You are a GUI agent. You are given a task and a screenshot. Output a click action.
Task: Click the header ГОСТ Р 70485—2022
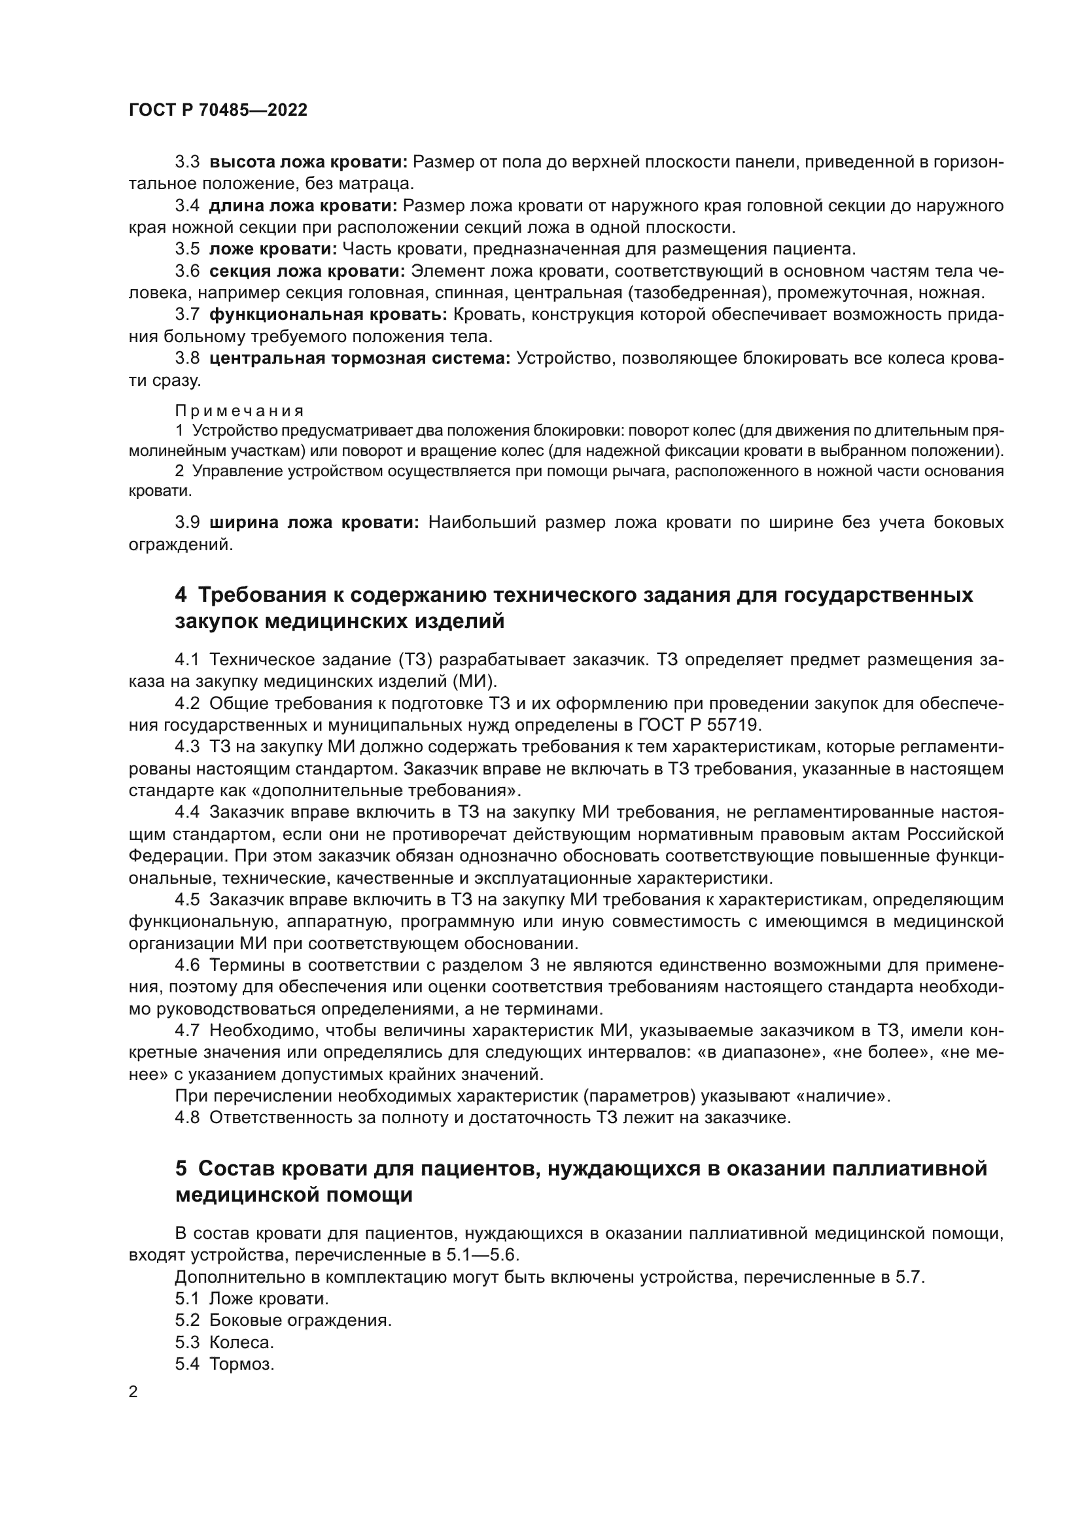pyautogui.click(x=218, y=111)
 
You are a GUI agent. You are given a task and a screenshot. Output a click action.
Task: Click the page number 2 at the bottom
pyautogui.click(x=133, y=1392)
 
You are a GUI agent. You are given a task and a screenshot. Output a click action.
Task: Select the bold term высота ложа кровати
pyautogui.click(x=308, y=162)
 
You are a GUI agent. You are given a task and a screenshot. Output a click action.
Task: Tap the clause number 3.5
pyautogui.click(x=187, y=249)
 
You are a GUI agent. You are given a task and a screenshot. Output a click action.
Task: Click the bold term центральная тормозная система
pyautogui.click(x=360, y=358)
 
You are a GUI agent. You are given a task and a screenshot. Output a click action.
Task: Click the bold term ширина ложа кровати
pyautogui.click(x=314, y=523)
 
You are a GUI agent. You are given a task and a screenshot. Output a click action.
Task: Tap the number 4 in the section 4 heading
pyautogui.click(x=181, y=595)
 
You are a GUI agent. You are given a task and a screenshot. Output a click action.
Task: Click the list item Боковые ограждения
pyautogui.click(x=300, y=1320)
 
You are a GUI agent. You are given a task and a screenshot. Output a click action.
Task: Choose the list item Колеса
pyautogui.click(x=242, y=1342)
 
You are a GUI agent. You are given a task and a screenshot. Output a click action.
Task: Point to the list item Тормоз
pyautogui.click(x=242, y=1364)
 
